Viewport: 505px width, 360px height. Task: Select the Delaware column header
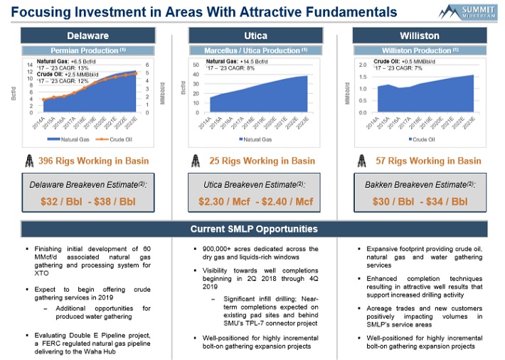coord(87,36)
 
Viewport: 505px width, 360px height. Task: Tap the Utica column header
coord(253,36)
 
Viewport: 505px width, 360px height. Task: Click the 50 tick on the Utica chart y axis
coord(196,65)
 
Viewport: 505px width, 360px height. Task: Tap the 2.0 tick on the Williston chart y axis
coord(363,65)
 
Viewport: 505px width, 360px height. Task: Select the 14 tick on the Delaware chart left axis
coord(30,65)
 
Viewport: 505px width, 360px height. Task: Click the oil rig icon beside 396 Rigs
coord(29,160)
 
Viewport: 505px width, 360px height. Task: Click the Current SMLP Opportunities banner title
coord(253,229)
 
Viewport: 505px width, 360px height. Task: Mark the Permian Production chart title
coord(87,51)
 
